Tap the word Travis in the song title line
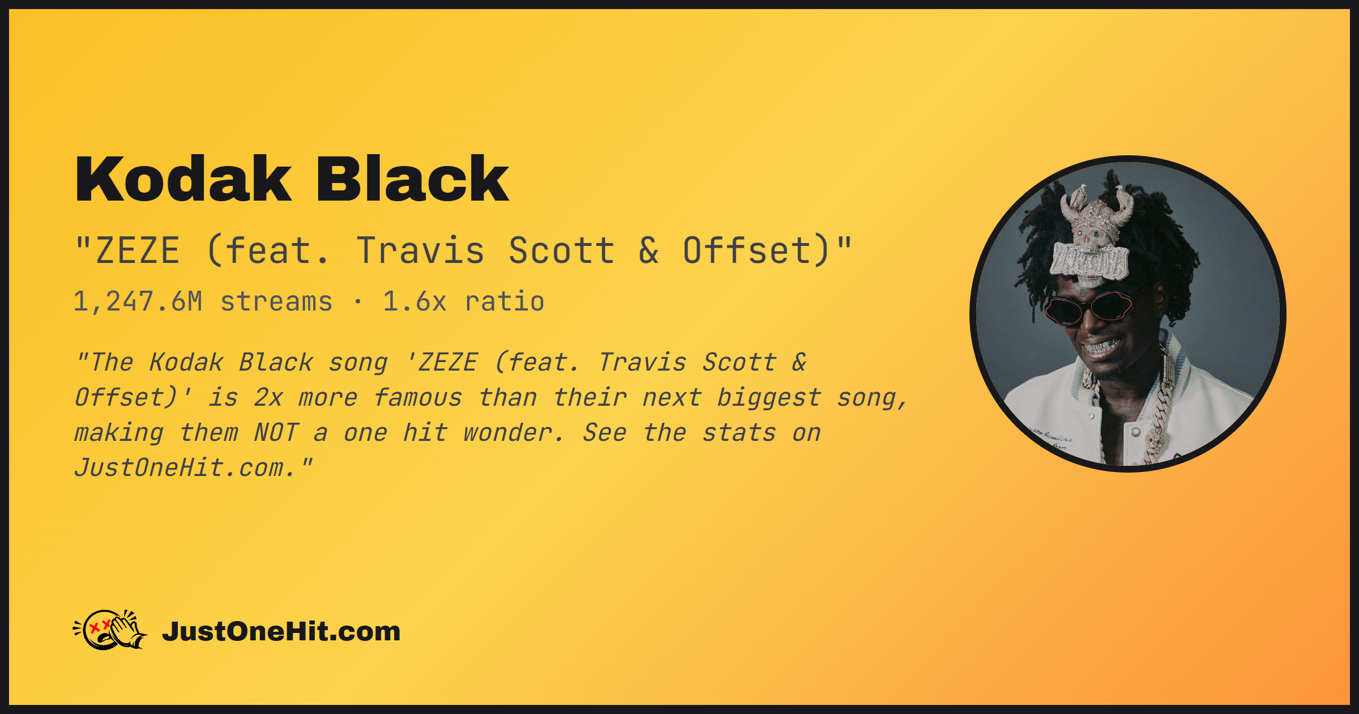(x=421, y=250)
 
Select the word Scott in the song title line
(x=562, y=250)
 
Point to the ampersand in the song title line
(x=649, y=250)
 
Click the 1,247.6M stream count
(x=138, y=301)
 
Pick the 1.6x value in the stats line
(x=414, y=301)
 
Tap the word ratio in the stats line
(x=505, y=301)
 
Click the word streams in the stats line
(x=276, y=302)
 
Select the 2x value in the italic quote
(x=268, y=398)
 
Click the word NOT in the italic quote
(x=276, y=433)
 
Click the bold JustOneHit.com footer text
(x=281, y=631)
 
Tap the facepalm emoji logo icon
(x=110, y=630)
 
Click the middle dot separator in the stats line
(x=358, y=302)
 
